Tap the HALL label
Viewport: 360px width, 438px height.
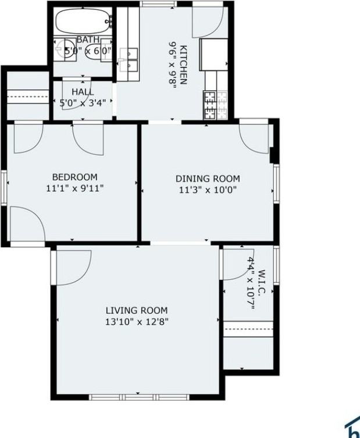click(83, 92)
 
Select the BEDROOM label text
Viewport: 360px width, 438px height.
click(75, 177)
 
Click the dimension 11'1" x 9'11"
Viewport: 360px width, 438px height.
click(75, 188)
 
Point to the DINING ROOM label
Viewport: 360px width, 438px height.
click(208, 179)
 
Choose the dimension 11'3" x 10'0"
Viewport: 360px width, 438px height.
click(208, 189)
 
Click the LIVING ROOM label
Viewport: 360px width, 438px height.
click(136, 311)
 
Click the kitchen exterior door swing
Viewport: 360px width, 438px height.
click(206, 22)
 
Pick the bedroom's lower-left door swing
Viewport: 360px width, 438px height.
click(26, 224)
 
